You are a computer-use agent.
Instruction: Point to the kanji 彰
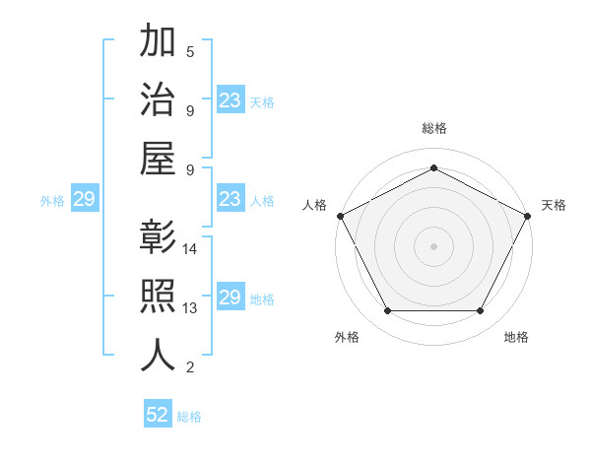pos(158,236)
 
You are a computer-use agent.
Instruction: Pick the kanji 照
pos(158,296)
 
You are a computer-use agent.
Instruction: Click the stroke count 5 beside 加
pos(190,52)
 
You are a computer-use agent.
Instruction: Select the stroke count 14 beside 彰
pos(191,249)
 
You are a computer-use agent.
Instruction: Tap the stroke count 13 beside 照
pos(191,308)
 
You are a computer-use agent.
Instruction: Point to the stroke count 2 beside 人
pos(190,367)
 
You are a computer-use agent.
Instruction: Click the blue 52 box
pos(158,415)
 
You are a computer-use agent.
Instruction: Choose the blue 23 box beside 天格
pos(230,100)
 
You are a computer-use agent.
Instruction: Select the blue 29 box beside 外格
pos(84,200)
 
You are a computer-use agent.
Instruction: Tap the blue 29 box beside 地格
pos(230,298)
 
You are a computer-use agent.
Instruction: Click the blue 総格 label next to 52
pos(189,416)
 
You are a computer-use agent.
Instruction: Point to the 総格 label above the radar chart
pos(433,128)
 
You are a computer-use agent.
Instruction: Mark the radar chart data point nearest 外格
pos(387,311)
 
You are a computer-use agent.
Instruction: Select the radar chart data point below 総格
pos(433,168)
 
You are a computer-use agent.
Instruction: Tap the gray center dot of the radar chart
pos(433,245)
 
